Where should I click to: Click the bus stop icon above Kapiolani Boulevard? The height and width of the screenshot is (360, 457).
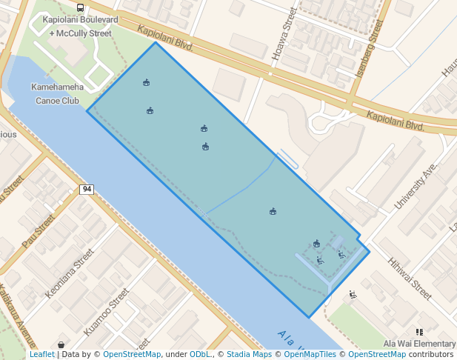(x=80, y=8)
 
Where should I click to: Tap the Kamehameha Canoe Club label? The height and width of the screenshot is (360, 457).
(x=56, y=93)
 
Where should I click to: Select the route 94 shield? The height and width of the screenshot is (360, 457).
(x=87, y=190)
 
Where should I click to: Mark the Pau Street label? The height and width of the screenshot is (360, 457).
(x=39, y=230)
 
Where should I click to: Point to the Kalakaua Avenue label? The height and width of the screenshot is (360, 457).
(x=17, y=316)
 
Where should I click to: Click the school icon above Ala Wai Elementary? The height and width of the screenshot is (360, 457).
(x=419, y=333)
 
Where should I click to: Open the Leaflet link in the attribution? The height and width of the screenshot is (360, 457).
(x=41, y=355)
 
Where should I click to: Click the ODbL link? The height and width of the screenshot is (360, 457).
(x=199, y=355)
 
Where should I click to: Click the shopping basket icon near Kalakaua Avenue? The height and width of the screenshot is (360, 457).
(x=61, y=344)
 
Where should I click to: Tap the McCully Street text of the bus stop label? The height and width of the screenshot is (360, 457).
(x=84, y=33)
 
